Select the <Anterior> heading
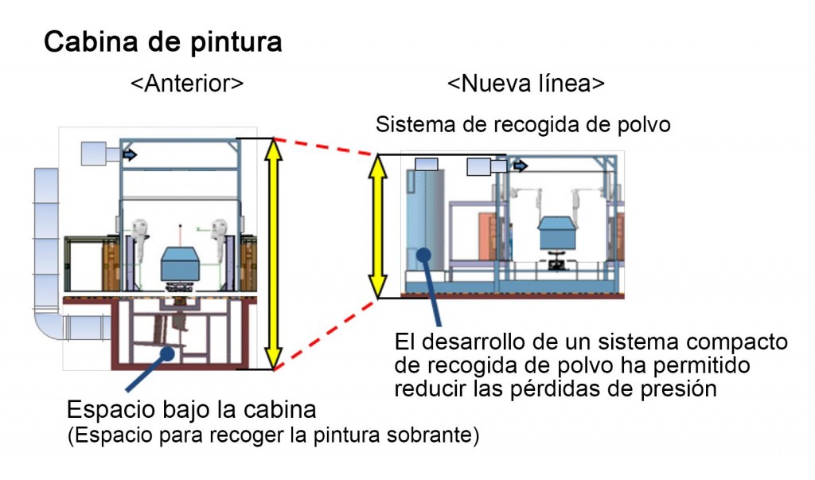click(x=187, y=84)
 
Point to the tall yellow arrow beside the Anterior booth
click(x=273, y=253)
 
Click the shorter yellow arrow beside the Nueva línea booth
click(x=379, y=225)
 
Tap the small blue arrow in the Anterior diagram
click(x=130, y=155)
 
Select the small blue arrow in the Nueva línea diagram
click(x=521, y=166)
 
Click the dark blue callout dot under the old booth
click(x=166, y=353)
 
